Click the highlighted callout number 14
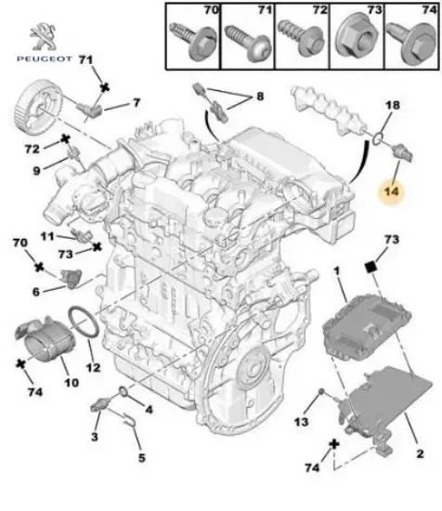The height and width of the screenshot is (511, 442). pyautogui.click(x=390, y=191)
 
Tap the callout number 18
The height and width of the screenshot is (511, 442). pyautogui.click(x=391, y=106)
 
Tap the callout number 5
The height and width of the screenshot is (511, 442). pyautogui.click(x=141, y=456)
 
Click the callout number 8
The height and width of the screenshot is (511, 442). pyautogui.click(x=258, y=95)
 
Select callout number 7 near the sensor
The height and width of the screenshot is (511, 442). pyautogui.click(x=136, y=103)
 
